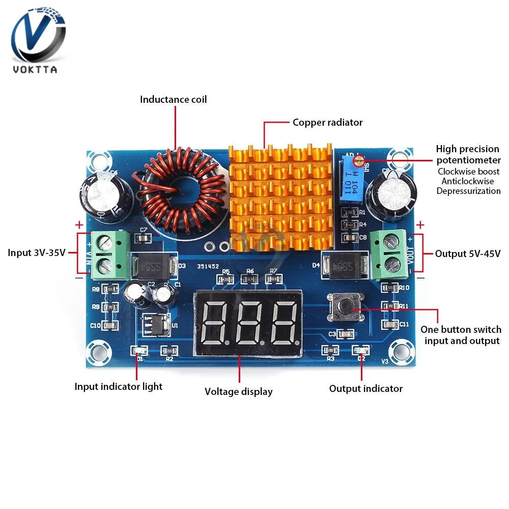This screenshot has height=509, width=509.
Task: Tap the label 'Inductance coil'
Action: coord(174,99)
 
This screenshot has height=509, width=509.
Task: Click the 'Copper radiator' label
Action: coord(327,122)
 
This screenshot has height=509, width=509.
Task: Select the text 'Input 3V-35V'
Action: coord(37,253)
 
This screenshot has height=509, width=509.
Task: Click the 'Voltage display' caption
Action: coord(239,391)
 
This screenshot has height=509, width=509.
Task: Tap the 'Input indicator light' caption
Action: coord(119,386)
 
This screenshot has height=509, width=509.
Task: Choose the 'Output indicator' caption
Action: coord(365,388)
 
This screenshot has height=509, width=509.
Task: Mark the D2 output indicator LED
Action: coord(360,351)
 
